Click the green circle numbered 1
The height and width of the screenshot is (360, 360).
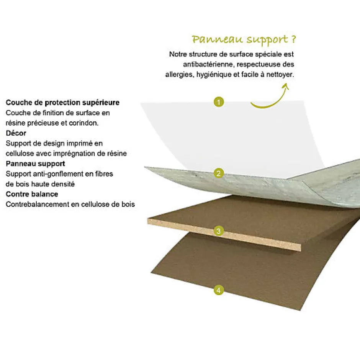point(219,102)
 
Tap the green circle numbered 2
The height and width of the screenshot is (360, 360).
point(219,173)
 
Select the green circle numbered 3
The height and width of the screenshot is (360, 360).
point(219,231)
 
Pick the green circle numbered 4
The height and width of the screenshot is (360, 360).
point(219,291)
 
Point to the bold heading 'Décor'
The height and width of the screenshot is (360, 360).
point(16,133)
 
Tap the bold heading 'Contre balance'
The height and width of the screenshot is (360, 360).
point(32,194)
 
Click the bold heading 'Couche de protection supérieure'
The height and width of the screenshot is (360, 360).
point(62,103)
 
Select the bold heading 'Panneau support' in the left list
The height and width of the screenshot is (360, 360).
point(35,164)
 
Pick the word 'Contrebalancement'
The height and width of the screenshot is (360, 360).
point(37,205)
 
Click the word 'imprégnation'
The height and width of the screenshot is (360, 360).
point(77,154)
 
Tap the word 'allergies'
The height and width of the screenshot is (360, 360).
point(179,75)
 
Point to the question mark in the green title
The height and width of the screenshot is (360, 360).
point(293,39)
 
